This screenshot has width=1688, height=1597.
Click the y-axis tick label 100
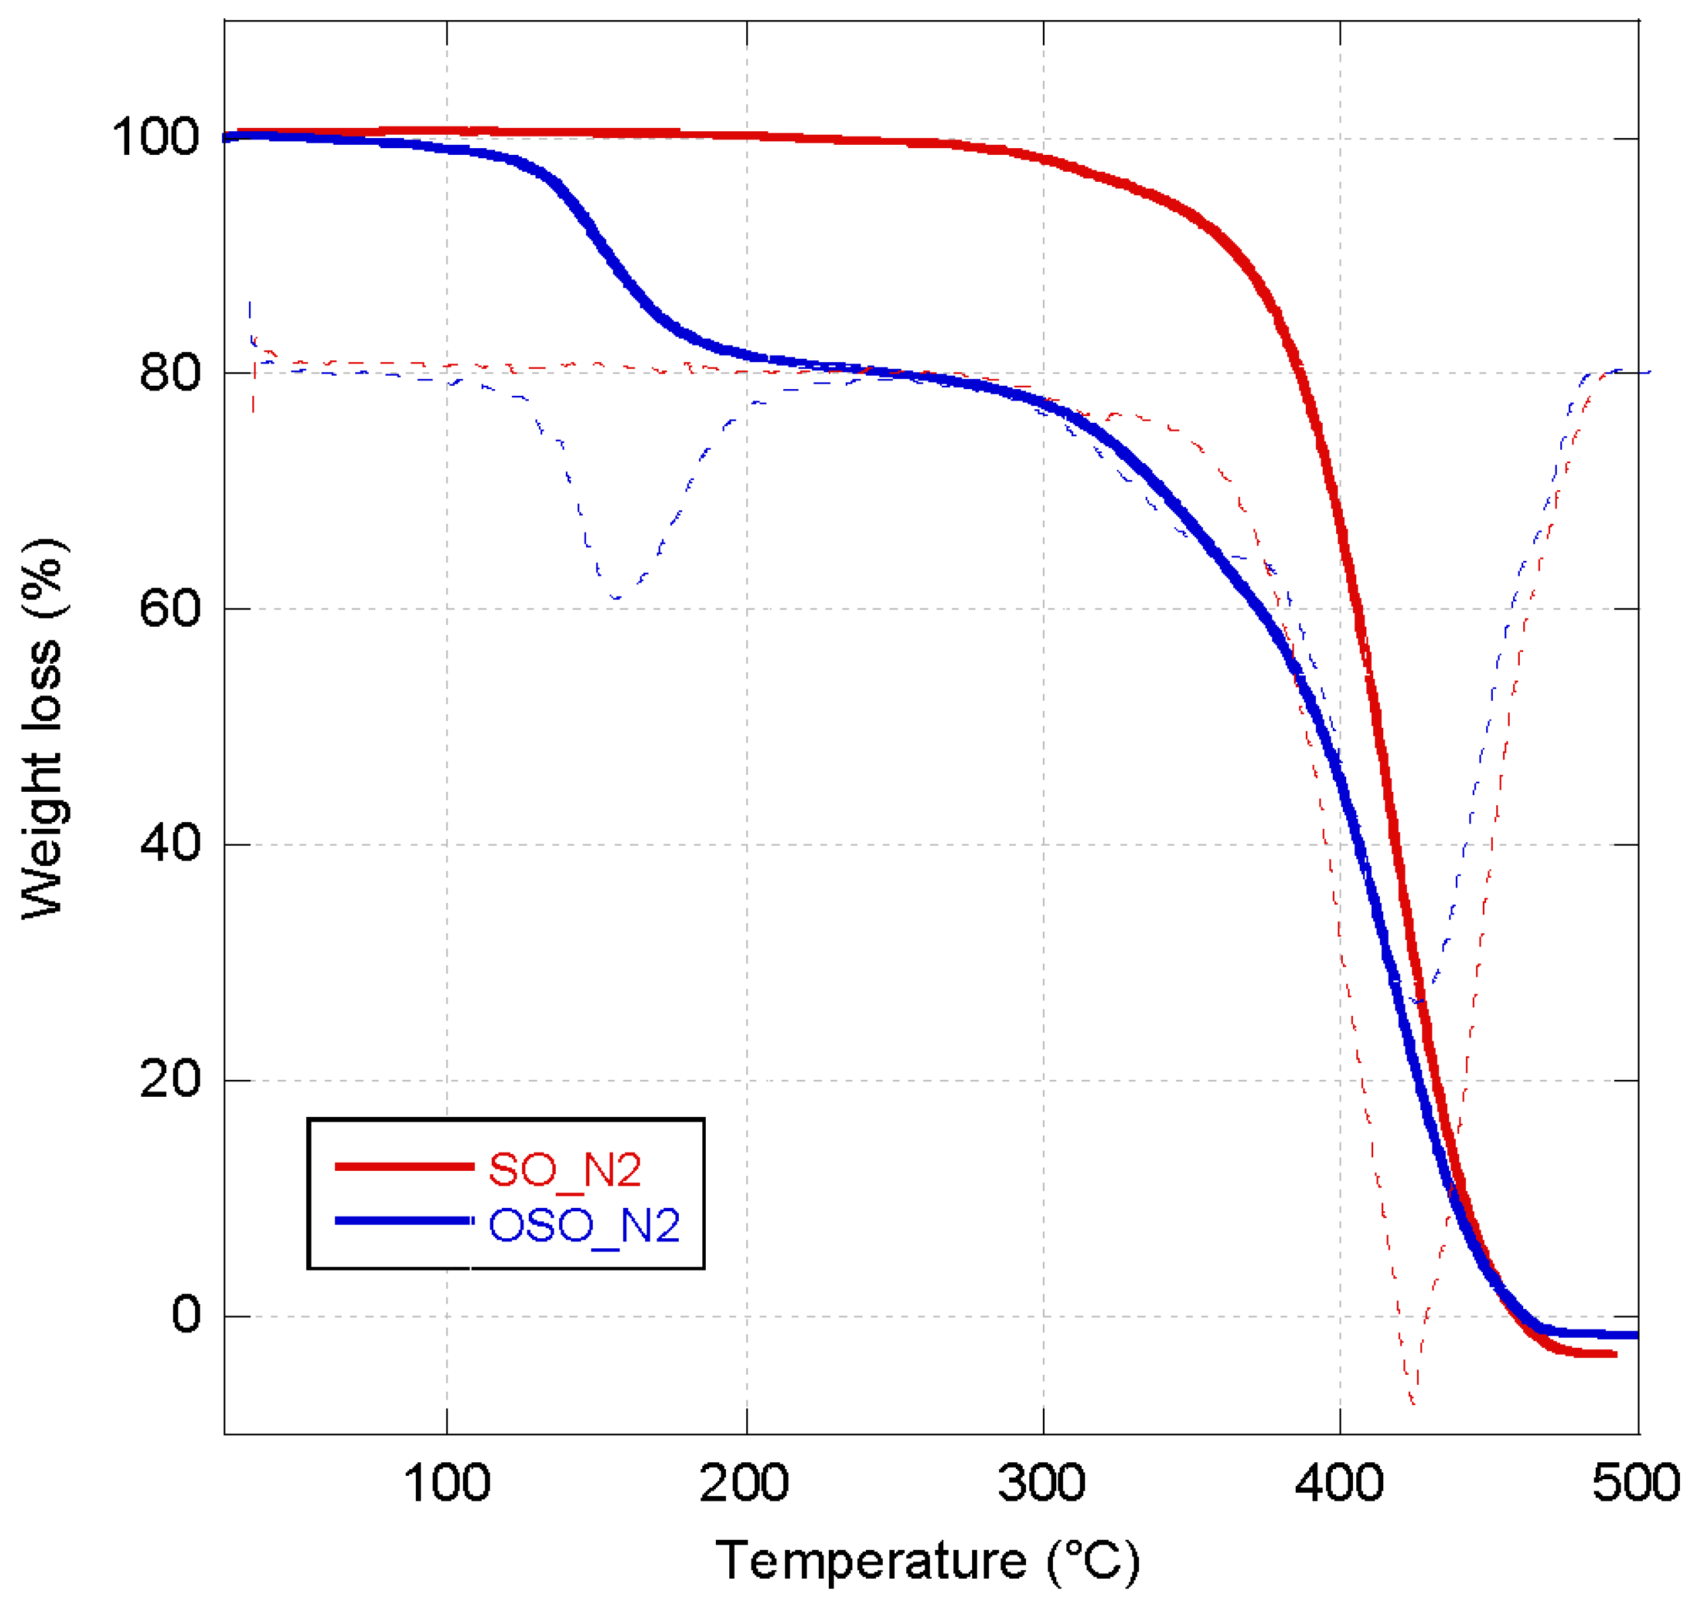[x=155, y=137]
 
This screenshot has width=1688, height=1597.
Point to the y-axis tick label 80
[x=170, y=373]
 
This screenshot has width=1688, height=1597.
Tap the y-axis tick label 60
[x=170, y=608]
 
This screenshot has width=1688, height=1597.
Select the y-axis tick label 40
[x=170, y=844]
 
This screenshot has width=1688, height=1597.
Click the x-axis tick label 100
[x=447, y=1483]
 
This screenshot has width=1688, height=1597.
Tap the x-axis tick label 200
[x=745, y=1483]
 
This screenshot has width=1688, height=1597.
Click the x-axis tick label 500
[x=1636, y=1483]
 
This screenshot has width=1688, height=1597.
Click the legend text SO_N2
[x=564, y=1169]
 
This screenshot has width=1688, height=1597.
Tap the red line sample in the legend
[x=404, y=1166]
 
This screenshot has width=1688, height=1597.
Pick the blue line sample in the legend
[x=404, y=1221]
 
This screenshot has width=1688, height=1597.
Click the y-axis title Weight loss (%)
[x=42, y=728]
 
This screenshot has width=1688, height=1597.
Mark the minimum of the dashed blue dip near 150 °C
[x=615, y=598]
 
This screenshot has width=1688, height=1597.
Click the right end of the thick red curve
[x=1614, y=1353]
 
